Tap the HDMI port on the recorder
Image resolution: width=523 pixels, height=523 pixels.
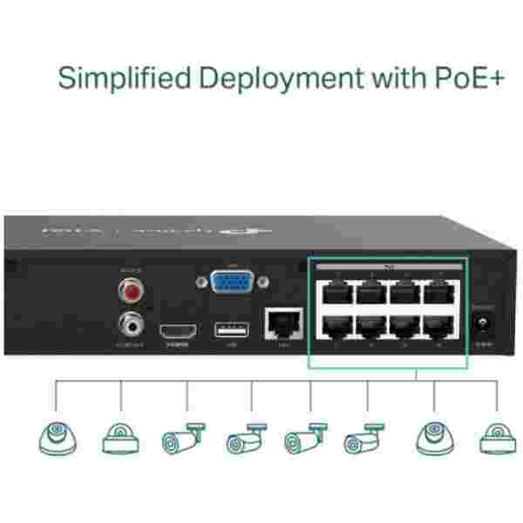coord(176,331)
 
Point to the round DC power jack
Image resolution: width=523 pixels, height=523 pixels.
coord(480,328)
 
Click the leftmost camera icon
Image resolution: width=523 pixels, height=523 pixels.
coord(58,438)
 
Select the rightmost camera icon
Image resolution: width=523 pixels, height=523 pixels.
coord(496,439)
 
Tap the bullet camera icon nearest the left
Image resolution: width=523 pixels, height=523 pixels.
coord(182,438)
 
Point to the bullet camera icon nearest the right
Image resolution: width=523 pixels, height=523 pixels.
coord(365,438)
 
